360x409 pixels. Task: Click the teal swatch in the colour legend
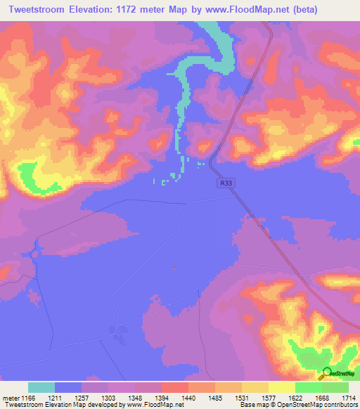pos(41,387)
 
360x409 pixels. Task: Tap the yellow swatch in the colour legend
pos(281,387)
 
